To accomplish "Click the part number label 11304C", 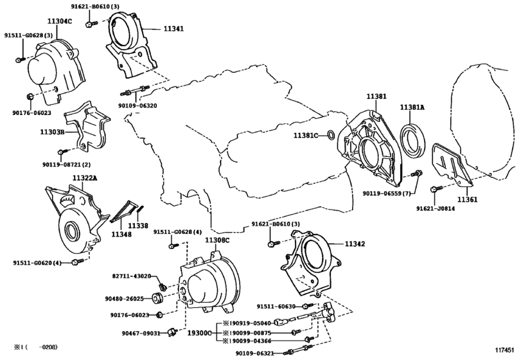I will [60, 21].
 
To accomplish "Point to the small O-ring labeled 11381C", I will [330, 135].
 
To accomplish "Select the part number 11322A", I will [85, 177].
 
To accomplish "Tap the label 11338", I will [138, 226].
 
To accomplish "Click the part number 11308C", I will [217, 240].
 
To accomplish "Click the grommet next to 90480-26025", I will [156, 298].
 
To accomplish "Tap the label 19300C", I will [199, 333].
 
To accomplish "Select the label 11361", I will [468, 200].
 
